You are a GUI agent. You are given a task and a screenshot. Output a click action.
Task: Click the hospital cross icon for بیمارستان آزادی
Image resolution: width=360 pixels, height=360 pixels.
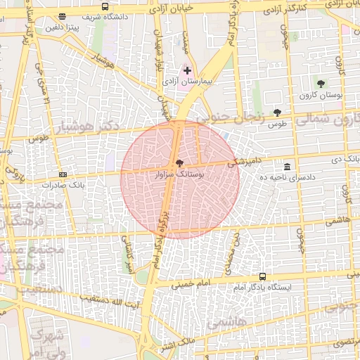(x=187, y=70)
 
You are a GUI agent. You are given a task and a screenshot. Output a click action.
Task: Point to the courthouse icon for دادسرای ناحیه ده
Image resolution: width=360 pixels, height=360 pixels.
(x=287, y=167)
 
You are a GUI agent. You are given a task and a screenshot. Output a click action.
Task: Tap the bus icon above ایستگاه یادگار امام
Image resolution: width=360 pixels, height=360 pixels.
(x=263, y=277)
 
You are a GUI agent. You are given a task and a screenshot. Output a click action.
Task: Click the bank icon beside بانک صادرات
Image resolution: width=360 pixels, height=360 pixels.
(x=63, y=174)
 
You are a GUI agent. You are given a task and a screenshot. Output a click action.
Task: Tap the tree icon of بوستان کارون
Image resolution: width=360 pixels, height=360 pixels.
(x=321, y=84)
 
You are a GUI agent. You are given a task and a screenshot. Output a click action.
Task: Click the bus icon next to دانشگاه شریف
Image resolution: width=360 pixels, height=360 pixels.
(x=105, y=7)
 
